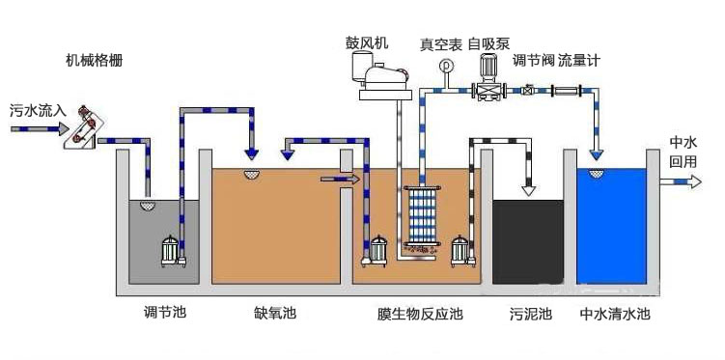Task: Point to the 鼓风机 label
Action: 368,43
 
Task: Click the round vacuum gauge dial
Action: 445,66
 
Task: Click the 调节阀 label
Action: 533,60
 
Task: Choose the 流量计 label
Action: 579,60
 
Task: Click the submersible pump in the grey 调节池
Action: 171,249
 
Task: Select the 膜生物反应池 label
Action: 419,314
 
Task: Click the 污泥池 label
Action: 530,314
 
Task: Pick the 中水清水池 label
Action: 615,314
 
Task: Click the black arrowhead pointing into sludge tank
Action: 528,189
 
